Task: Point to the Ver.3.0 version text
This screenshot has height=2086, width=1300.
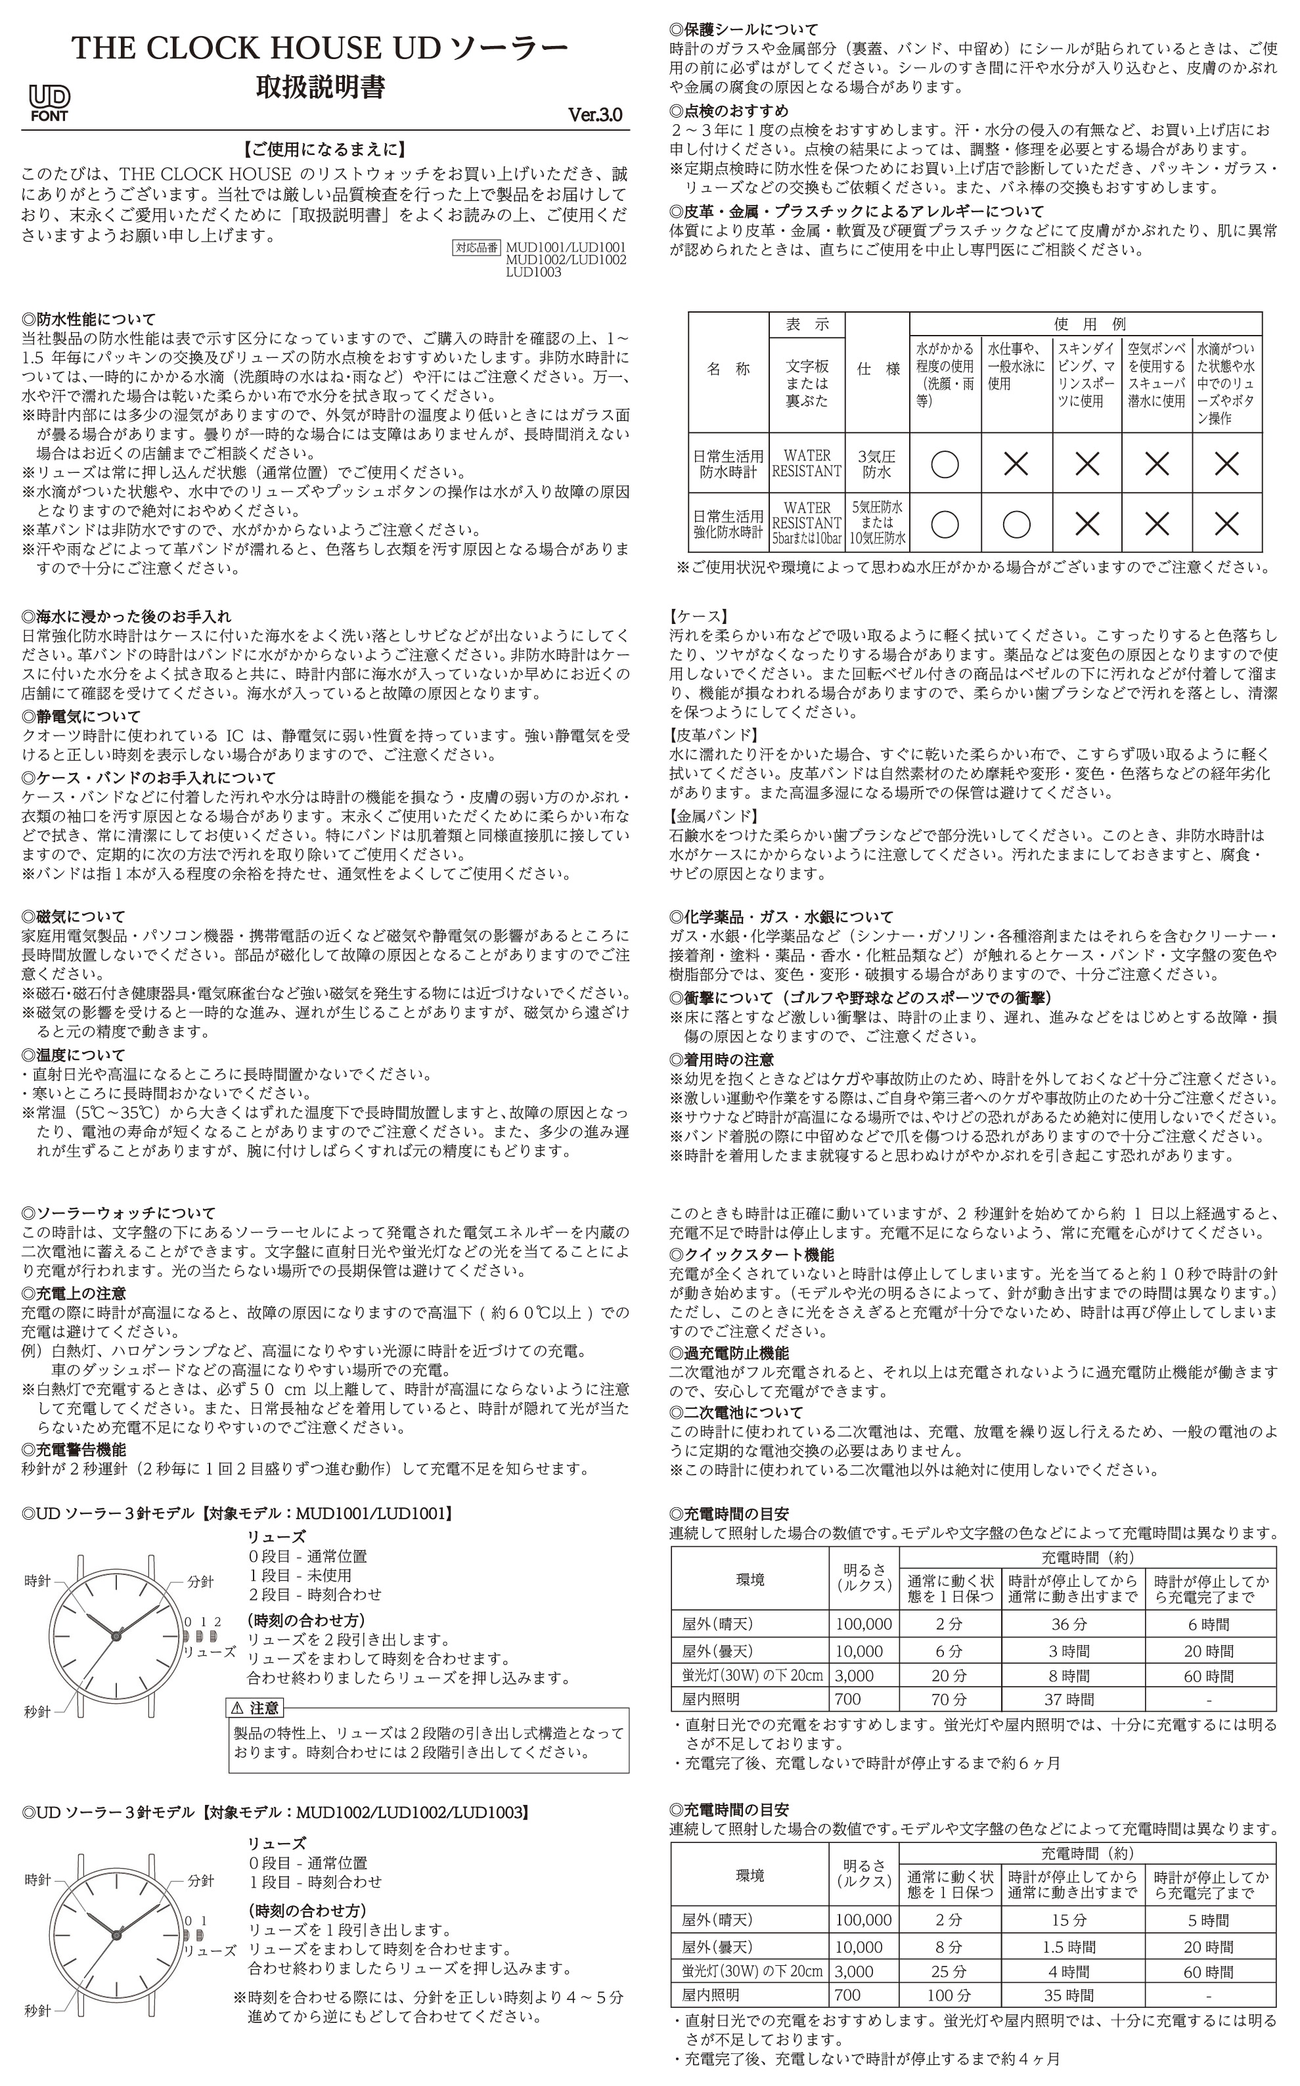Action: click(595, 115)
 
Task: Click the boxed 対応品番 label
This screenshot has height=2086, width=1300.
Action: click(476, 248)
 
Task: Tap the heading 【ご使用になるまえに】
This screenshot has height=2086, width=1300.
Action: click(325, 150)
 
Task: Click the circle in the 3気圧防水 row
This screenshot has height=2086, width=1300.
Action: click(945, 464)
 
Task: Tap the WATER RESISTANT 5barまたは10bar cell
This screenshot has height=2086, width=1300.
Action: click(807, 523)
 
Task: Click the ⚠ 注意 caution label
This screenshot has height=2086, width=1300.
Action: click(256, 1708)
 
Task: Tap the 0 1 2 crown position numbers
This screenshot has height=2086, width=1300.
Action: click(203, 1622)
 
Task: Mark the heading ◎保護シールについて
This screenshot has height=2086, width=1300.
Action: click(743, 29)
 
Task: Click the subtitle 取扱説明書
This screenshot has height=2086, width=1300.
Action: click(321, 87)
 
